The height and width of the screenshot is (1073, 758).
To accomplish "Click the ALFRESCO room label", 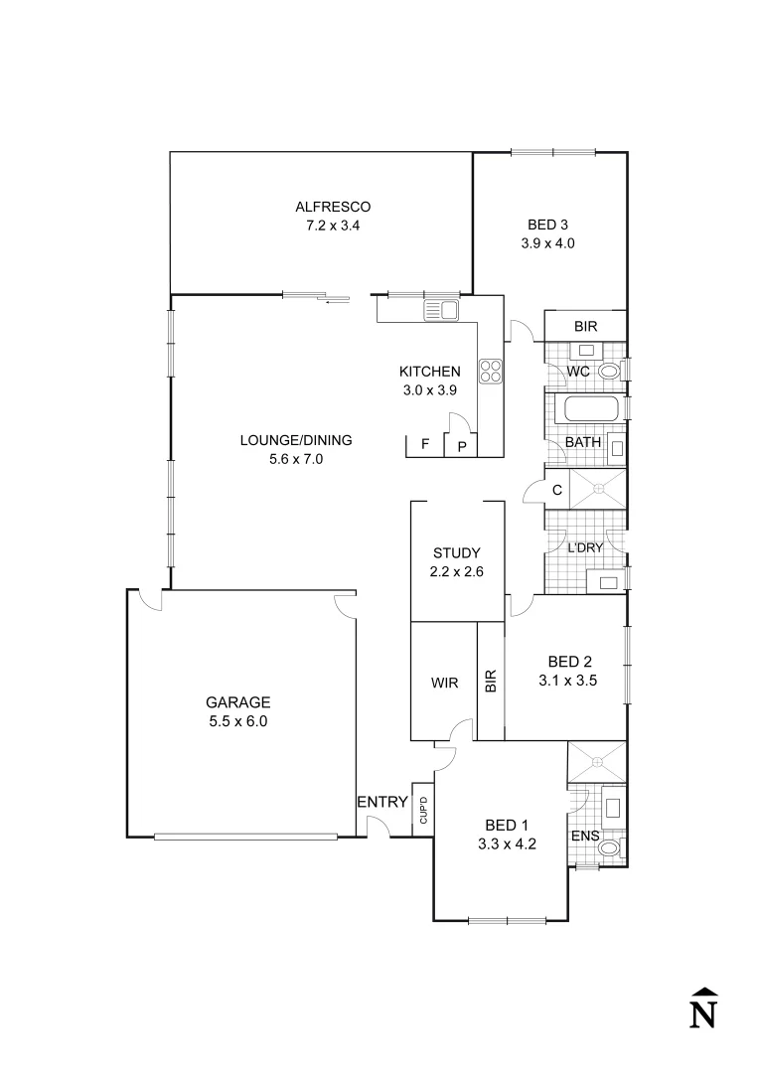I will tap(332, 207).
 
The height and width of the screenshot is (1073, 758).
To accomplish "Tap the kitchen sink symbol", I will tap(441, 311).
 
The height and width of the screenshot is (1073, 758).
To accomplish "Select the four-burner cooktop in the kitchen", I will tap(491, 371).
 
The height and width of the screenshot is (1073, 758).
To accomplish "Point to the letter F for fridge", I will tap(425, 444).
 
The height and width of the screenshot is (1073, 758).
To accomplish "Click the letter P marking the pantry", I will tap(462, 447).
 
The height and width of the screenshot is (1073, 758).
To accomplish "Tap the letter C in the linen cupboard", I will tap(557, 489).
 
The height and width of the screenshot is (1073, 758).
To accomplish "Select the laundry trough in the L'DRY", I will tap(604, 581).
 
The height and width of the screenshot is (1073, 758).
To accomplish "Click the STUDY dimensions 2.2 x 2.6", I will tap(456, 571).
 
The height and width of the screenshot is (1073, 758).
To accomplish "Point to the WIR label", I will tap(444, 684).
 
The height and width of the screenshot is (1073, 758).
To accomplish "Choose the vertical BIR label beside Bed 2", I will tap(491, 681).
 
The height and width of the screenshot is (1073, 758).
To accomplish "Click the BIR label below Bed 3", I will tap(585, 326).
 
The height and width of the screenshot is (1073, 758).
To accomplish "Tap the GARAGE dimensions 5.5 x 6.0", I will tap(237, 721).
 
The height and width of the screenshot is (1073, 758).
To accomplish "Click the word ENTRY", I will tap(381, 802).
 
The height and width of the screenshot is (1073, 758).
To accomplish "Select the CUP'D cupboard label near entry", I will tap(423, 811).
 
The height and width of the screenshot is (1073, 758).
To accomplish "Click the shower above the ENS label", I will tap(596, 762).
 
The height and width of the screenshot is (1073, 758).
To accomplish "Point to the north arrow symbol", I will tap(703, 1008).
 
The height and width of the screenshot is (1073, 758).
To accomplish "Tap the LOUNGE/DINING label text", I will tap(295, 440).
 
